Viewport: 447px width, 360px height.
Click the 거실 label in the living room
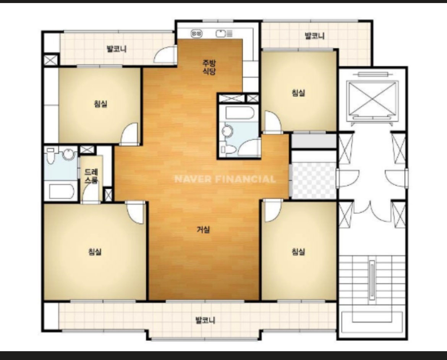[x=203, y=229]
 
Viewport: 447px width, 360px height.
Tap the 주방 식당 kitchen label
[x=209, y=67]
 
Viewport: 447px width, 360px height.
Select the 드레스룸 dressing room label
[x=91, y=176]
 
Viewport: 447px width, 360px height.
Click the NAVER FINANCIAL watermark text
[x=225, y=179]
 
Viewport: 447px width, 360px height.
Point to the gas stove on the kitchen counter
[x=196, y=34]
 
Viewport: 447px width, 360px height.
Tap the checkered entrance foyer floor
[x=314, y=180]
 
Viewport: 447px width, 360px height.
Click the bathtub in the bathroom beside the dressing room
[x=61, y=191]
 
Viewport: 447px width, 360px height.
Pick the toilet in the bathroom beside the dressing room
[x=51, y=155]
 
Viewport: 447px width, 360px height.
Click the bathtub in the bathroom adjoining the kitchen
[x=240, y=113]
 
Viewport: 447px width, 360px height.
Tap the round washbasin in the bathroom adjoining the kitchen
[x=227, y=131]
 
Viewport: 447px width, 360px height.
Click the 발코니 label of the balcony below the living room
[x=205, y=320]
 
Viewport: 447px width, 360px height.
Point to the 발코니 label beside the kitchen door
[x=116, y=49]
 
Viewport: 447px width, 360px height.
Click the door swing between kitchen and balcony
[x=165, y=54]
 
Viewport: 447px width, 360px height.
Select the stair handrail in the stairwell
[x=372, y=280]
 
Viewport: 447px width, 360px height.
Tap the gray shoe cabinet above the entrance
[x=314, y=141]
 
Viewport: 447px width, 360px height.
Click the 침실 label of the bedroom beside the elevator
[x=298, y=93]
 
